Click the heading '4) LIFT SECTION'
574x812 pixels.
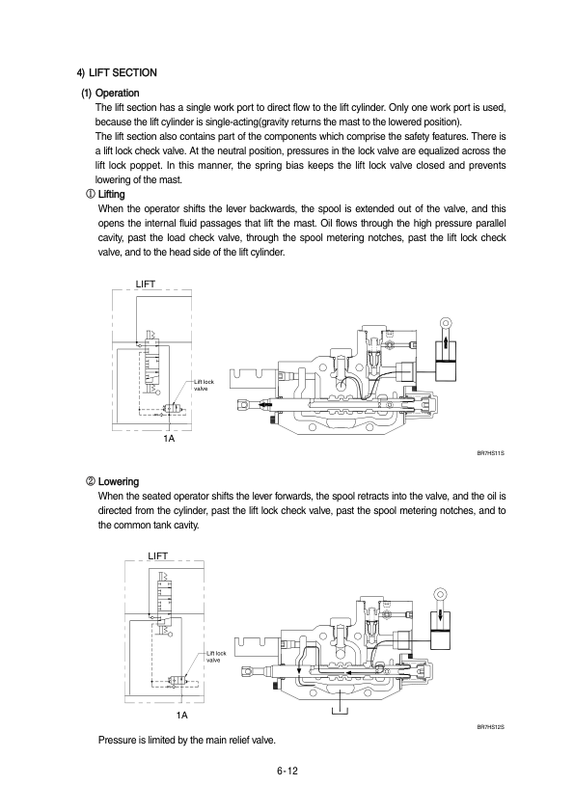pyautogui.click(x=117, y=72)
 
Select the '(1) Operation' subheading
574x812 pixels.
pyautogui.click(x=110, y=94)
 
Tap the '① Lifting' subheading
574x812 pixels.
pyautogui.click(x=105, y=194)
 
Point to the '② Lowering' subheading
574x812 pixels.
pyautogui.click(x=113, y=481)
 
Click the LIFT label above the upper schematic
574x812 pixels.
pyautogui.click(x=145, y=284)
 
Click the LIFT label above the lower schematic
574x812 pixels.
pyautogui.click(x=158, y=555)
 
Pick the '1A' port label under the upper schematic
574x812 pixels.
pyautogui.click(x=169, y=439)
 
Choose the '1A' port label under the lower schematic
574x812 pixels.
pyautogui.click(x=181, y=716)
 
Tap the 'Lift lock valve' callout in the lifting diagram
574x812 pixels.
pyautogui.click(x=204, y=386)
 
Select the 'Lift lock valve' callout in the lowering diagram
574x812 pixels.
pyautogui.click(x=216, y=657)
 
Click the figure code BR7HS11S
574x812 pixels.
pyautogui.click(x=491, y=453)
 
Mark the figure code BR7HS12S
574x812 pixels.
pyautogui.click(x=491, y=727)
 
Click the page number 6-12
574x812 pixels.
pyautogui.click(x=287, y=771)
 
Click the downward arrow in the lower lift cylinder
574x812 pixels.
pyautogui.click(x=441, y=617)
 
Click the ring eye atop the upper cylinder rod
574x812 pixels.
pyautogui.click(x=446, y=323)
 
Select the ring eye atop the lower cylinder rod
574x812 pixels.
pyautogui.click(x=441, y=593)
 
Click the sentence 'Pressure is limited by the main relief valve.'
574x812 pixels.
pyautogui.click(x=187, y=740)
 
